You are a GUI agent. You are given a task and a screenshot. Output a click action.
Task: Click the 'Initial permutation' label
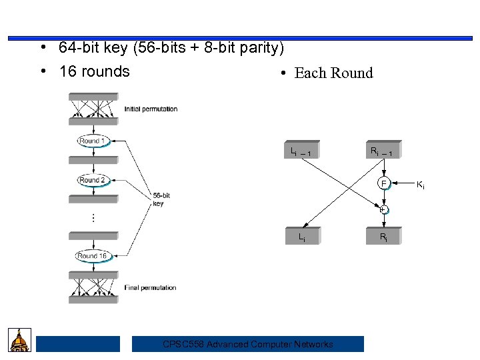(151, 109)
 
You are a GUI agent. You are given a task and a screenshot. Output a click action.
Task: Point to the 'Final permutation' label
(150, 288)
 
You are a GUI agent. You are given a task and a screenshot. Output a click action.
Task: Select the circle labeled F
(384, 183)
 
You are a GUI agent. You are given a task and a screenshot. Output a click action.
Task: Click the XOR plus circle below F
(384, 209)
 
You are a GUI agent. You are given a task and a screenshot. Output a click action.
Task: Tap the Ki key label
(421, 184)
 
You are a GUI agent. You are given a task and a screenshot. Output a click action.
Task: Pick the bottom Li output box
(302, 236)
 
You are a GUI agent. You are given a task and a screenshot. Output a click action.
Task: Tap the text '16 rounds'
(94, 71)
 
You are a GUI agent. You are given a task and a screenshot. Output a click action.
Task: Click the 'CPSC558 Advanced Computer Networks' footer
(248, 344)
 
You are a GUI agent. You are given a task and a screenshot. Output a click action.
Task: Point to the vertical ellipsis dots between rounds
(93, 217)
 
